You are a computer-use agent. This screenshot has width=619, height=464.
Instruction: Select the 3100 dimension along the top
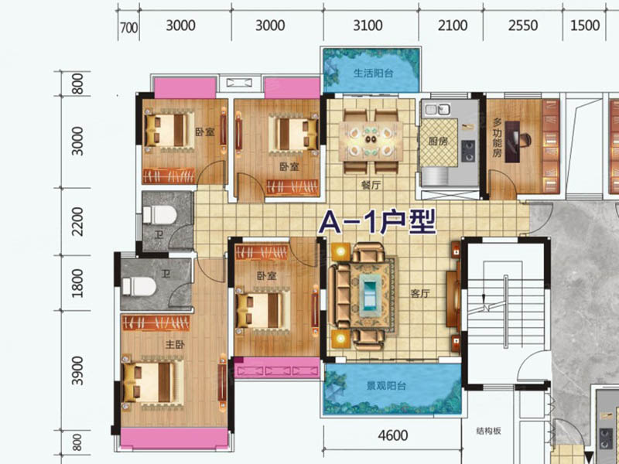tap(368, 26)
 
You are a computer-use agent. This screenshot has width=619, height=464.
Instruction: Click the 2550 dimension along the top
tap(523, 26)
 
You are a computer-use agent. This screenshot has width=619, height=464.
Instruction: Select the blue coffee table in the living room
tap(370, 293)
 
